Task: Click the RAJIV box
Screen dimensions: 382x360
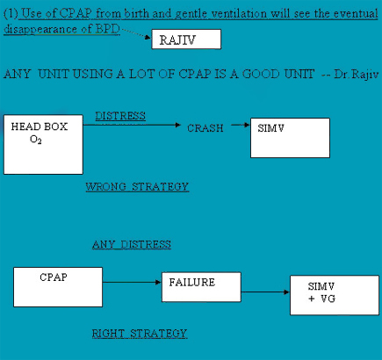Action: (186, 40)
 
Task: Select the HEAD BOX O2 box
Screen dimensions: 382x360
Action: (43, 145)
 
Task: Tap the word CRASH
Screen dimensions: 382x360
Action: (205, 128)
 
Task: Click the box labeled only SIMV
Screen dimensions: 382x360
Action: (290, 138)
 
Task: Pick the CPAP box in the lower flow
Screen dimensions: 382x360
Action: (58, 287)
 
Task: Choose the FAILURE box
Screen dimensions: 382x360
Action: (201, 287)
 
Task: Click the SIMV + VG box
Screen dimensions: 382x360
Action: (335, 295)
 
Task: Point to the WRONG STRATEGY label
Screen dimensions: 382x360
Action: (137, 187)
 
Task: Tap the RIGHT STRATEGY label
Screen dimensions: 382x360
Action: (140, 334)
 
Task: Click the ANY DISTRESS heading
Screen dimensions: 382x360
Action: (132, 244)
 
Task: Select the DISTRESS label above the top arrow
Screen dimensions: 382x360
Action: (120, 116)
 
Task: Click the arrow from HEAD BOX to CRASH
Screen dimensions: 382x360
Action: (132, 125)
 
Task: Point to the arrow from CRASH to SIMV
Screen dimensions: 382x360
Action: (241, 125)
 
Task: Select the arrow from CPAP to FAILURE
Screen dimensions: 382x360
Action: (132, 282)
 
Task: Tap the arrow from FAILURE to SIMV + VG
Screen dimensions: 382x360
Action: (265, 292)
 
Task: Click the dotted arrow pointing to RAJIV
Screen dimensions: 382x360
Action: (136, 33)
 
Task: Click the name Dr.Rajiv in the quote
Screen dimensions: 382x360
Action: (357, 75)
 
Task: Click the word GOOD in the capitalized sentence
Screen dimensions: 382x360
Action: (261, 74)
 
